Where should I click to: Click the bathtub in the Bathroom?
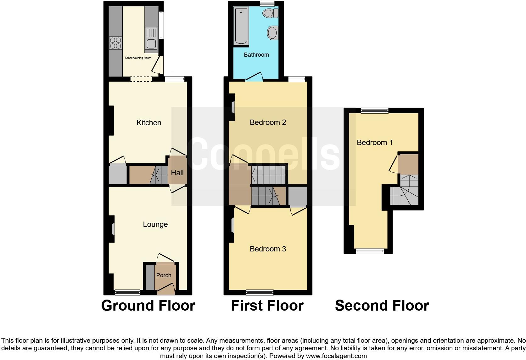click(241, 26)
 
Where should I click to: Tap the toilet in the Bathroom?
click(270, 13)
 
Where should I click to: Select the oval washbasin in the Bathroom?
click(272, 32)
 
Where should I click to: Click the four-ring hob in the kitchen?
click(115, 43)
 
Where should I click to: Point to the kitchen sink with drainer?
click(151, 39)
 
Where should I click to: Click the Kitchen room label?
click(149, 123)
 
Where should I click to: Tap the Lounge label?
click(155, 224)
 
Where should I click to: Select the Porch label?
click(164, 275)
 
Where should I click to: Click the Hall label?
click(177, 173)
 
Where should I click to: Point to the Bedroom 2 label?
click(268, 122)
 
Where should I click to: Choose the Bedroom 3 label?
click(268, 249)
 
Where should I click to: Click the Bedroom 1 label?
click(375, 143)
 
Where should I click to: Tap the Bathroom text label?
click(256, 55)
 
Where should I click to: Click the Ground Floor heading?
click(148, 306)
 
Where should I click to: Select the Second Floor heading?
click(382, 306)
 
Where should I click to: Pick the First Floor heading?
click(267, 306)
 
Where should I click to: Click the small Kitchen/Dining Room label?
click(138, 58)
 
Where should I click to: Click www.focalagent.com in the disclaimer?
click(336, 356)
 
